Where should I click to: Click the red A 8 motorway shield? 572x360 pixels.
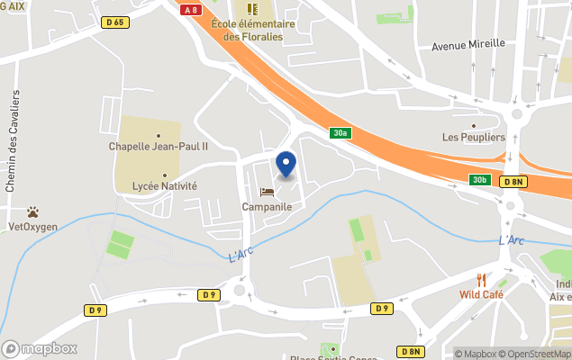189,10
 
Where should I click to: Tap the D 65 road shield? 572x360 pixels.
115,22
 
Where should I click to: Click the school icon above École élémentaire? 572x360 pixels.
252,9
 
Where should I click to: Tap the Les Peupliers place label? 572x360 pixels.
474,137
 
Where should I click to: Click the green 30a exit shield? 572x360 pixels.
340,132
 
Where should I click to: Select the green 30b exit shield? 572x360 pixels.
479,180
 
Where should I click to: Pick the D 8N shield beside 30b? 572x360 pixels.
513,181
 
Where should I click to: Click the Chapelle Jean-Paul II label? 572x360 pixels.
159,146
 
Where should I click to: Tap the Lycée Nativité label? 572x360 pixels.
164,186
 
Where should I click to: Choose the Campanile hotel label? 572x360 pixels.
267,206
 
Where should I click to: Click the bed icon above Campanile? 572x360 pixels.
267,192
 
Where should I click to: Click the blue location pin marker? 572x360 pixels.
286,165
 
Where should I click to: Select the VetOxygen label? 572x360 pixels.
32,227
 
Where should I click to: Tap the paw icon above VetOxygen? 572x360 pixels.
32,212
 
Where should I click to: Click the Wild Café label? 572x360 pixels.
481,294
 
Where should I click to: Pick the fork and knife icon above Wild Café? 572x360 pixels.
481,280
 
